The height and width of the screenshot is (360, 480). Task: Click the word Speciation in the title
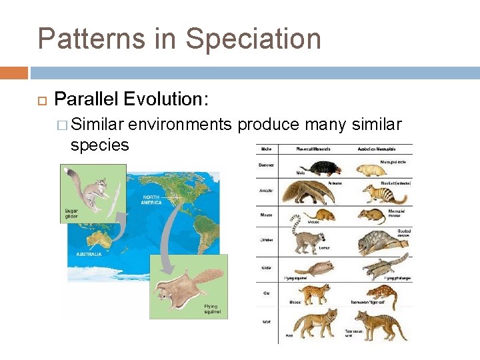(x=253, y=39)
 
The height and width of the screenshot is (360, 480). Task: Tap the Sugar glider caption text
(x=71, y=214)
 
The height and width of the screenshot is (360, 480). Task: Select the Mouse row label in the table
(x=266, y=215)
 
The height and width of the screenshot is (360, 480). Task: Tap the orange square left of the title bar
(x=14, y=73)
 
